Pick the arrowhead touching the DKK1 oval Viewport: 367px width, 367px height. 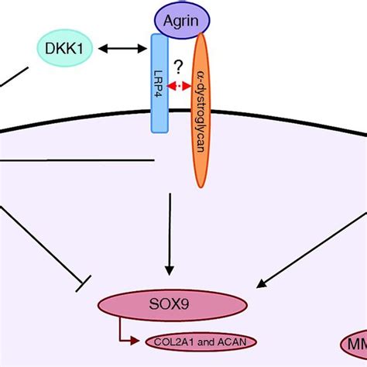101,50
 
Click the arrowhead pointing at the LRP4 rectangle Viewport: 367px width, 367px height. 143,50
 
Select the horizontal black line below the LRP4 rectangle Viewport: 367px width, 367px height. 77,162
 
